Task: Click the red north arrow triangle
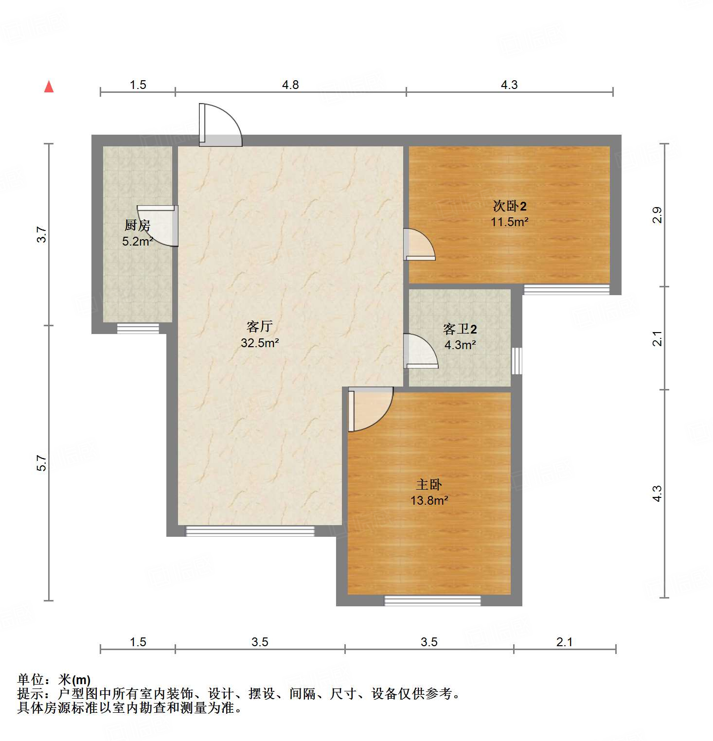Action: [49, 87]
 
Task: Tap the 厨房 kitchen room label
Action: [137, 225]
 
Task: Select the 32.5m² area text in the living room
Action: [260, 343]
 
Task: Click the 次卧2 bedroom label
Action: [509, 206]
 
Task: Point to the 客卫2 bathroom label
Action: [460, 329]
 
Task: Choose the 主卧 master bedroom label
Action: [429, 484]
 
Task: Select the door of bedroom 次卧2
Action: [419, 245]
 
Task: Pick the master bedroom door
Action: [370, 408]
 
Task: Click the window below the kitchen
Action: [138, 329]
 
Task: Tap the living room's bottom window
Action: [250, 531]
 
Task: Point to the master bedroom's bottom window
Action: [432, 600]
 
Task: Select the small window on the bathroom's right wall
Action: [517, 361]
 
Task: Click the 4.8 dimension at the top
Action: [290, 85]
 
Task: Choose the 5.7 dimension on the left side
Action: [42, 463]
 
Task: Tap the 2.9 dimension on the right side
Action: [657, 215]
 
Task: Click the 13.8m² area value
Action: [429, 500]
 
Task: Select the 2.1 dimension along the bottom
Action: [564, 642]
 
